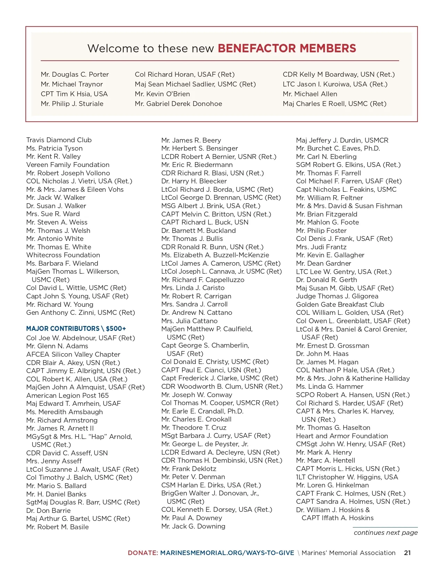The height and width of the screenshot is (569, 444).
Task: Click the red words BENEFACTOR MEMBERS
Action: pyautogui.click(x=287, y=48)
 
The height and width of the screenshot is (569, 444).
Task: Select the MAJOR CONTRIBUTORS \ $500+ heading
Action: pyautogui.click(x=76, y=329)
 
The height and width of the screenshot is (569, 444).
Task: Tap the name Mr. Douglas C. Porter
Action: pyautogui.click(x=75, y=75)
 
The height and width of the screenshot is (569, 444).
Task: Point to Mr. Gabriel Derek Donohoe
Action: pyautogui.click(x=178, y=104)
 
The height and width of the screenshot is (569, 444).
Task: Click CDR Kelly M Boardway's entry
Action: pyautogui.click(x=338, y=75)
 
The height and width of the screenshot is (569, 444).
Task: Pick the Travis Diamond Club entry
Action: pyautogui.click(x=59, y=140)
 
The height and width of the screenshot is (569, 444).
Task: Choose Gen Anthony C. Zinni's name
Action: pyautogui.click(x=80, y=313)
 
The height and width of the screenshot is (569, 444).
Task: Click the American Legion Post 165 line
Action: pyautogui.click(x=67, y=396)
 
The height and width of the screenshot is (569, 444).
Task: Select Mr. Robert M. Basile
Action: pyautogui.click(x=57, y=527)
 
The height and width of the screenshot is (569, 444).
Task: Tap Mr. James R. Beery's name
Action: pyautogui.click(x=191, y=141)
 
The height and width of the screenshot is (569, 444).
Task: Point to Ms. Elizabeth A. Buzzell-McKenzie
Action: pyautogui.click(x=215, y=255)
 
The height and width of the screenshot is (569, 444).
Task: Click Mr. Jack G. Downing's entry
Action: pyautogui.click(x=193, y=526)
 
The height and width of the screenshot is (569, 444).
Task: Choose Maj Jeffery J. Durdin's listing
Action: pyautogui.click(x=342, y=141)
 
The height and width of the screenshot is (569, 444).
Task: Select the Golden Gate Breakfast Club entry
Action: pyautogui.click(x=340, y=305)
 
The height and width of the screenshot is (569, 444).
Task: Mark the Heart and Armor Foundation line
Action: pyautogui.click(x=342, y=436)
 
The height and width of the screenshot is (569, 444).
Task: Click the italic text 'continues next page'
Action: pyautogui.click(x=385, y=533)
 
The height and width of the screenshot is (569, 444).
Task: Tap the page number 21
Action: pyautogui.click(x=407, y=553)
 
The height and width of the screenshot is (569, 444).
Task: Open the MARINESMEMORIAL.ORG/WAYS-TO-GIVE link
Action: pyautogui.click(x=227, y=553)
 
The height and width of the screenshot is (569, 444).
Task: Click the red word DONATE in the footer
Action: pyautogui.click(x=142, y=553)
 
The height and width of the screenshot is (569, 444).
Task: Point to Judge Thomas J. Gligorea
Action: pyautogui.click(x=337, y=296)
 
